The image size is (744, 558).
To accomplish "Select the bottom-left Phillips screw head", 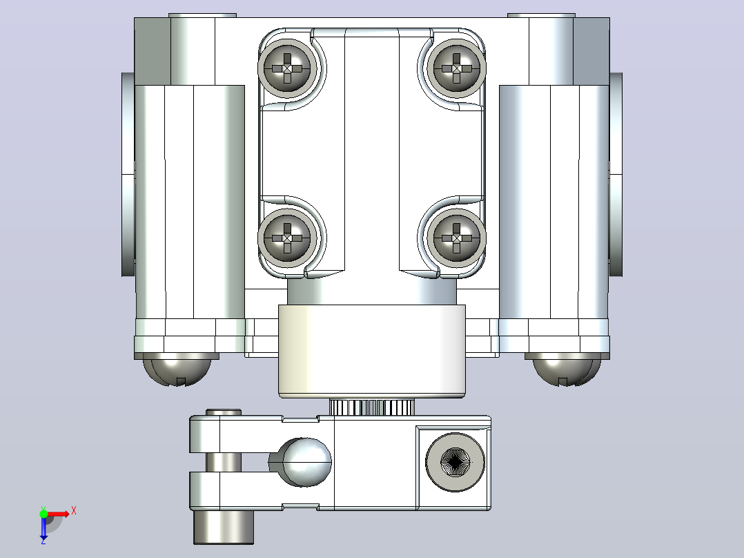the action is (x=287, y=238).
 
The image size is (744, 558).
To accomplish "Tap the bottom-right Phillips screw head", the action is (x=456, y=238).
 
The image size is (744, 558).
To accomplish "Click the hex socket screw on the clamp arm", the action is (x=455, y=462).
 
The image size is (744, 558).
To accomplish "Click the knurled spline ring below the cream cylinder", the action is (x=371, y=407).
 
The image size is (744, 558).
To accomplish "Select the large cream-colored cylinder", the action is (x=371, y=352).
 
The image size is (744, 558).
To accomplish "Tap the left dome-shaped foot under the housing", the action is (x=177, y=369).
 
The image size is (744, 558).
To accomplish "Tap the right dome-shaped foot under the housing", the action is (x=567, y=369).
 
